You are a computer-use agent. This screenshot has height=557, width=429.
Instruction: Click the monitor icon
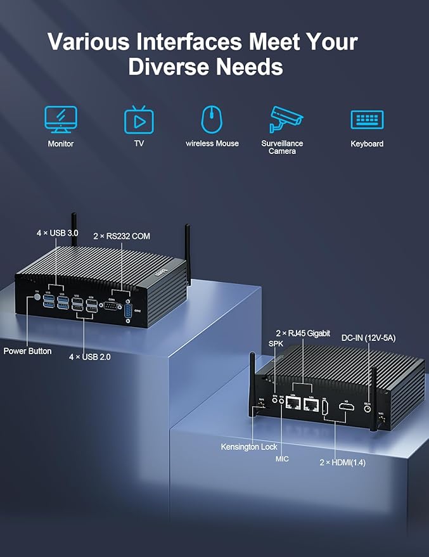pos(60,119)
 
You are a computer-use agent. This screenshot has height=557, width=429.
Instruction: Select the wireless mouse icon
pos(212,118)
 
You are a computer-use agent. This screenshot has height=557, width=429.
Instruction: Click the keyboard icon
pos(367,119)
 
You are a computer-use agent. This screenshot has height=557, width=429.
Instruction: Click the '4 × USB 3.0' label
pos(57,233)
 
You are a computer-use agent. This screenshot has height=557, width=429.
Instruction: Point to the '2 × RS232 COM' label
pos(122,236)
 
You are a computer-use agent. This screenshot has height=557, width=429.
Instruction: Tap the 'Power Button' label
pos(28,350)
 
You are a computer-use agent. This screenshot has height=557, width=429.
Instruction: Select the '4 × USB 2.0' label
pos(90,357)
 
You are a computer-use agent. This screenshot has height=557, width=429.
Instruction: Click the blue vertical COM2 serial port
pos(129,312)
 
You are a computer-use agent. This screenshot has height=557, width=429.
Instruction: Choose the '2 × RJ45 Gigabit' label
pos(303,333)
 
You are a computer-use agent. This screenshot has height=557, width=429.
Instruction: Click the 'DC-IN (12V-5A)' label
pos(368,338)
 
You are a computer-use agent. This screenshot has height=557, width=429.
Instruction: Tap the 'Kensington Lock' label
pos(249,447)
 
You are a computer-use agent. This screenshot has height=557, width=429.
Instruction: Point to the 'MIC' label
pos(282,458)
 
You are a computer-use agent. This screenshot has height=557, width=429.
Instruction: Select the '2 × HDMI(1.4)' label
pos(342,463)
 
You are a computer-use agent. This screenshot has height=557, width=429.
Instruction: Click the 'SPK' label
pos(276,343)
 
